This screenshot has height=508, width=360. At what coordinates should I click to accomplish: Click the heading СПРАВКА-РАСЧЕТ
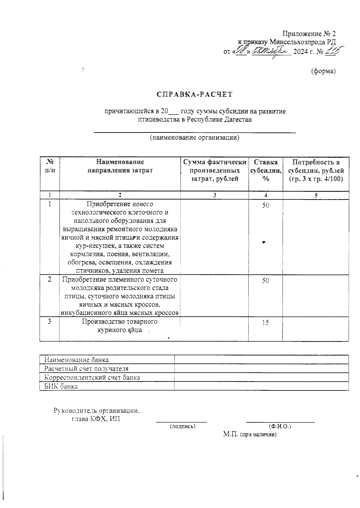[x=195, y=94]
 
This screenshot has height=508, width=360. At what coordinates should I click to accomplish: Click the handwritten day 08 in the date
[x=241, y=51]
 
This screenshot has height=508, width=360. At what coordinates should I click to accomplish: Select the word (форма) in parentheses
[x=323, y=71]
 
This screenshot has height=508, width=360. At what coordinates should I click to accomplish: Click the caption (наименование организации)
[x=195, y=138]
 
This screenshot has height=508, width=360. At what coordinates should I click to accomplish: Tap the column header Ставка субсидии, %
[x=265, y=170]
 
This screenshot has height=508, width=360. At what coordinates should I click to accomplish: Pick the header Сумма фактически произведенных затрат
[x=214, y=170]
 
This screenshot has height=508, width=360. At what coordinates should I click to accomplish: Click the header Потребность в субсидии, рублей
[x=316, y=170]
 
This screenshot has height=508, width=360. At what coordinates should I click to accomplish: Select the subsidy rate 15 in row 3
[x=265, y=323]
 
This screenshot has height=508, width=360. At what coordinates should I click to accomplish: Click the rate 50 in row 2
[x=265, y=281]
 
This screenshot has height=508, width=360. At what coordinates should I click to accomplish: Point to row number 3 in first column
[x=49, y=321]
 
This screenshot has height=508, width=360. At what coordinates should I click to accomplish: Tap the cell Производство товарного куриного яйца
[x=120, y=326]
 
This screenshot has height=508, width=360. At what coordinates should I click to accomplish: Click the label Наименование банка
[x=76, y=360]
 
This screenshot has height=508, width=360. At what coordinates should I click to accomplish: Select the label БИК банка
[x=61, y=386]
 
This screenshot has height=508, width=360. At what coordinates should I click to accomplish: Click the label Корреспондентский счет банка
[x=92, y=378]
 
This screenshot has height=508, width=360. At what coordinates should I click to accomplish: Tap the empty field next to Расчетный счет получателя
[x=261, y=369]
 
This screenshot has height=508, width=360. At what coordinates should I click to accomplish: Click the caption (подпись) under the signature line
[x=182, y=426]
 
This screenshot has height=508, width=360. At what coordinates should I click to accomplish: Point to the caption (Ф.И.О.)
[x=280, y=426]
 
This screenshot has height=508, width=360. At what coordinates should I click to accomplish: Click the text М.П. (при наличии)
[x=250, y=434]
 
